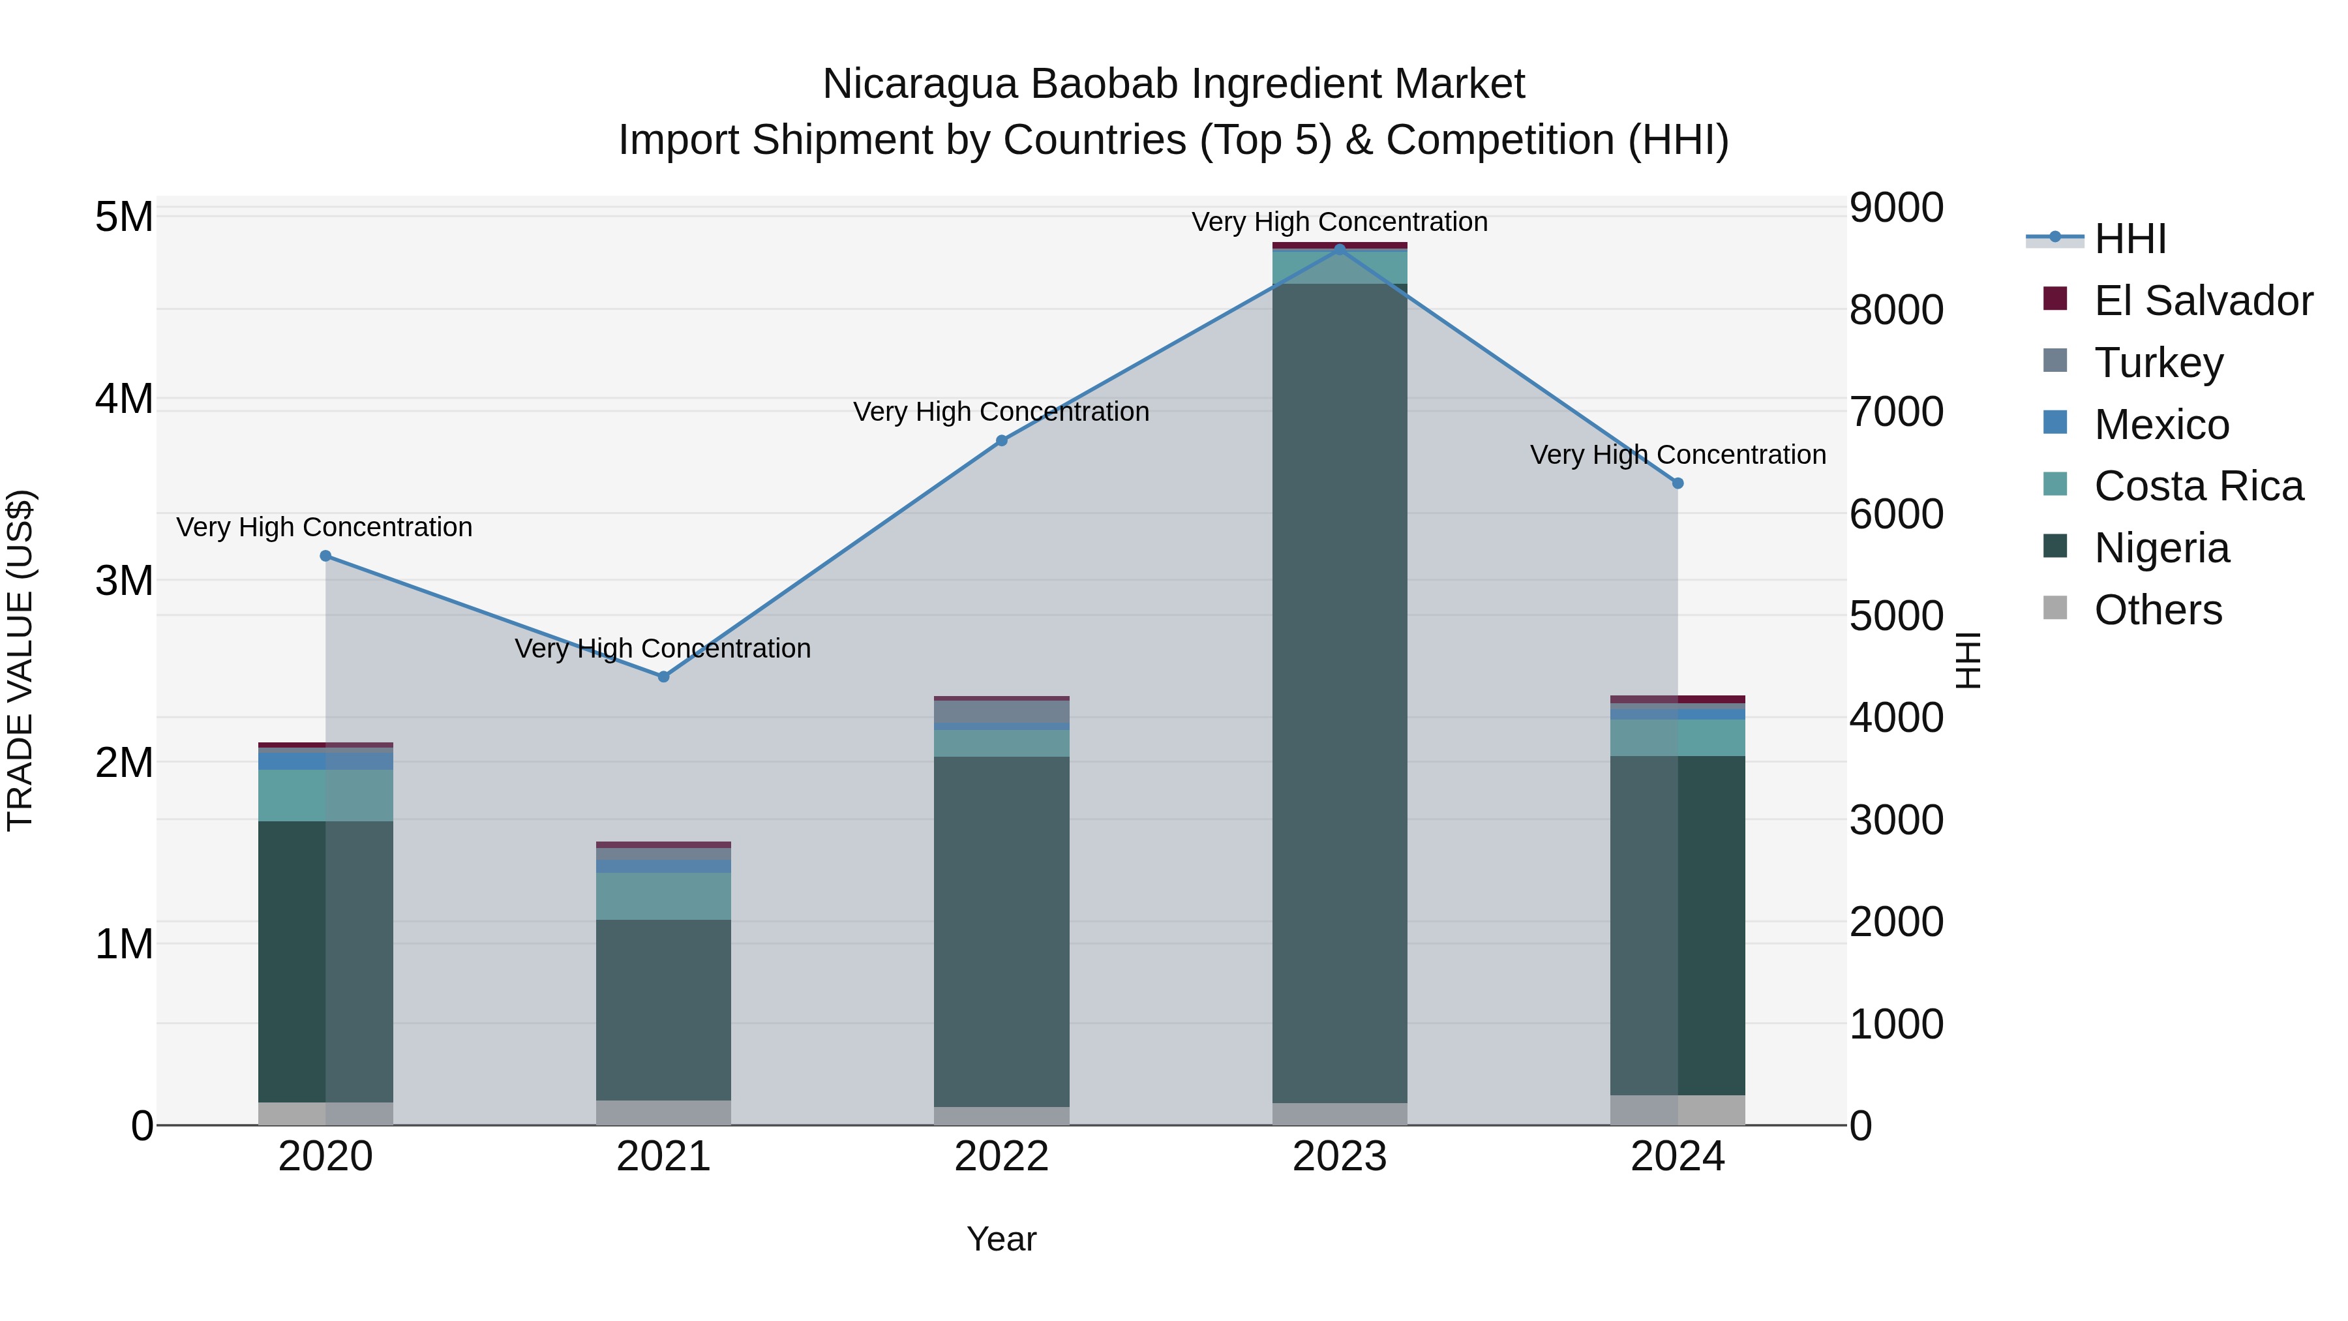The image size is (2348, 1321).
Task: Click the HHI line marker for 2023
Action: pos(1339,249)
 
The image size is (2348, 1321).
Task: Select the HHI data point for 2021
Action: pos(663,676)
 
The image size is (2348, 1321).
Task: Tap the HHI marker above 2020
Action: pos(325,556)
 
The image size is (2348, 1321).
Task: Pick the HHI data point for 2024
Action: pos(1677,483)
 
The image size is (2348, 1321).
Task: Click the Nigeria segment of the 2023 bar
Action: pos(1339,693)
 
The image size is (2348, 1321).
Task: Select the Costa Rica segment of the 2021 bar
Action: pos(663,896)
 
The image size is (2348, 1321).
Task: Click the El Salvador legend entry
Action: pos(2202,301)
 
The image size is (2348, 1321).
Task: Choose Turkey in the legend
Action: pos(2158,363)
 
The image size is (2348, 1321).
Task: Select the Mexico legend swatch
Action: pos(2055,423)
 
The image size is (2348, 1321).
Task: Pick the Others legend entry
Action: pos(2158,610)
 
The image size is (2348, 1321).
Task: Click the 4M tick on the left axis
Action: pos(124,399)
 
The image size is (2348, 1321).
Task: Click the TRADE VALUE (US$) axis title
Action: pos(20,660)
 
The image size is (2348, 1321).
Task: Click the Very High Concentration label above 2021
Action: pos(663,648)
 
